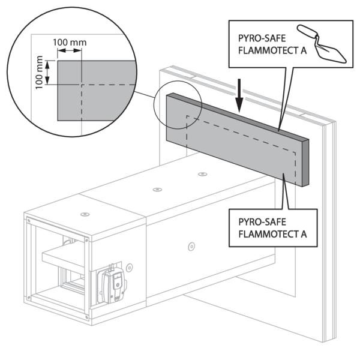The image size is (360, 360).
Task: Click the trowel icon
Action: [329, 44]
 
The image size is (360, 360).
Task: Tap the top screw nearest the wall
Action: [202, 174]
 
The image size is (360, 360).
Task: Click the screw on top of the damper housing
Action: [85, 212]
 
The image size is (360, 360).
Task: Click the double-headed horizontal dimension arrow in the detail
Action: [69, 52]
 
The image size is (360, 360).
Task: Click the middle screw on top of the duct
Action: [157, 189]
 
